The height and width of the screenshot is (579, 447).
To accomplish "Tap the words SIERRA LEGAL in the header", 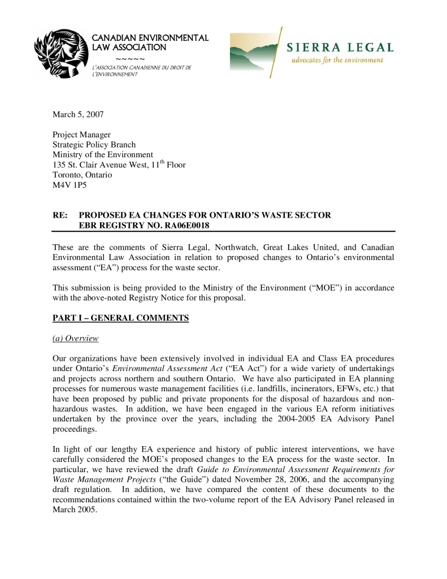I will [340, 47].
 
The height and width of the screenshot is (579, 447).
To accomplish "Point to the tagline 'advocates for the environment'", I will [337, 60].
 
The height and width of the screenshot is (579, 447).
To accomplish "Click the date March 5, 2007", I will [78, 115].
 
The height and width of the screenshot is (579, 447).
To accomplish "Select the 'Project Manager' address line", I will [81, 135].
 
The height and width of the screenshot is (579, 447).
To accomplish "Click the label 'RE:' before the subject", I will [60, 215].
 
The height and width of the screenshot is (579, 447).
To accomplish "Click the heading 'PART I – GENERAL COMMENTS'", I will [120, 318].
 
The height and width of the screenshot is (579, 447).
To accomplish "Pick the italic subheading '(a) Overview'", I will [76, 339].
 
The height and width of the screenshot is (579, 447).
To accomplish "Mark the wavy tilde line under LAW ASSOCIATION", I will [131, 59].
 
